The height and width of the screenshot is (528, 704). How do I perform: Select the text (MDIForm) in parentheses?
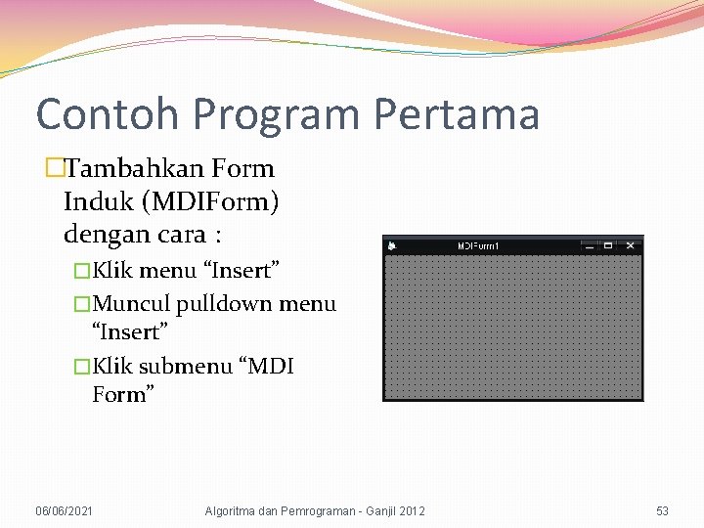pyautogui.click(x=211, y=202)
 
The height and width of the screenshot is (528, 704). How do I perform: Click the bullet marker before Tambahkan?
pyautogui.click(x=54, y=168)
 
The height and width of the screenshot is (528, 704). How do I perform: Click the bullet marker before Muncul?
pyautogui.click(x=82, y=304)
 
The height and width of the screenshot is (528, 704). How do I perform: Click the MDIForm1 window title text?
pyautogui.click(x=478, y=245)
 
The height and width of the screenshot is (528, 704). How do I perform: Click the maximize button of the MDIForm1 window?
pyautogui.click(x=608, y=245)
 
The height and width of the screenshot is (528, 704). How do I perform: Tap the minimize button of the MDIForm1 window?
pyautogui.click(x=589, y=245)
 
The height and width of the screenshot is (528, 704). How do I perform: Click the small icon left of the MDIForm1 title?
pyautogui.click(x=391, y=245)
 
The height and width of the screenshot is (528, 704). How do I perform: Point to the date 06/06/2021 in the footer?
pyautogui.click(x=64, y=510)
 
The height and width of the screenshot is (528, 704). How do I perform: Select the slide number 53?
pyautogui.click(x=662, y=510)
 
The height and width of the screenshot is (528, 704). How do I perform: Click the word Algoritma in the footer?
pyautogui.click(x=232, y=510)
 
